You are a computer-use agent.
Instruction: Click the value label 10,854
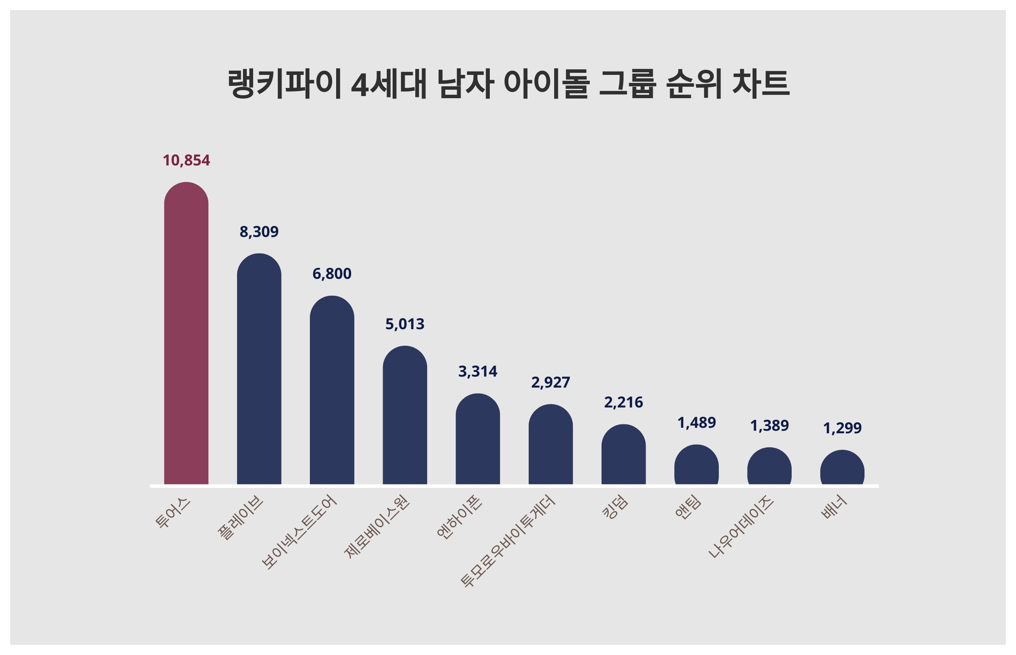tap(186, 160)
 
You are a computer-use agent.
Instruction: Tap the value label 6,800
tap(332, 273)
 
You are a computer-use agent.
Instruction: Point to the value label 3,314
tap(478, 372)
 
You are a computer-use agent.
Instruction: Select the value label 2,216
tap(623, 402)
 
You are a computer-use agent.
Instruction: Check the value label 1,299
tap(842, 427)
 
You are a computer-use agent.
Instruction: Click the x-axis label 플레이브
tap(241, 517)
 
